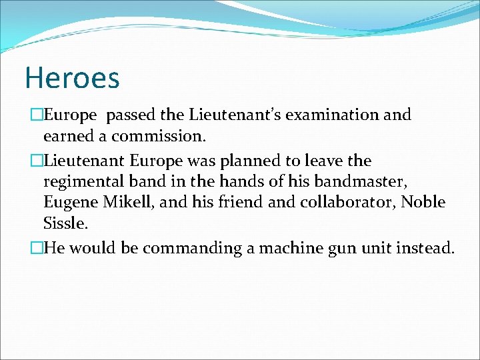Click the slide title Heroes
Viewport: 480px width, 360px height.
(72, 77)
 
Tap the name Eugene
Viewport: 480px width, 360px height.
(69, 202)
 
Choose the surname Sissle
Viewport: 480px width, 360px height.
(62, 223)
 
